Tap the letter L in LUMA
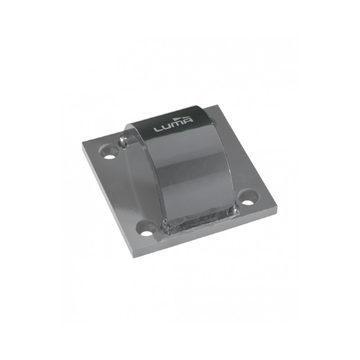158,129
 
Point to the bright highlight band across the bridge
180,154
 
